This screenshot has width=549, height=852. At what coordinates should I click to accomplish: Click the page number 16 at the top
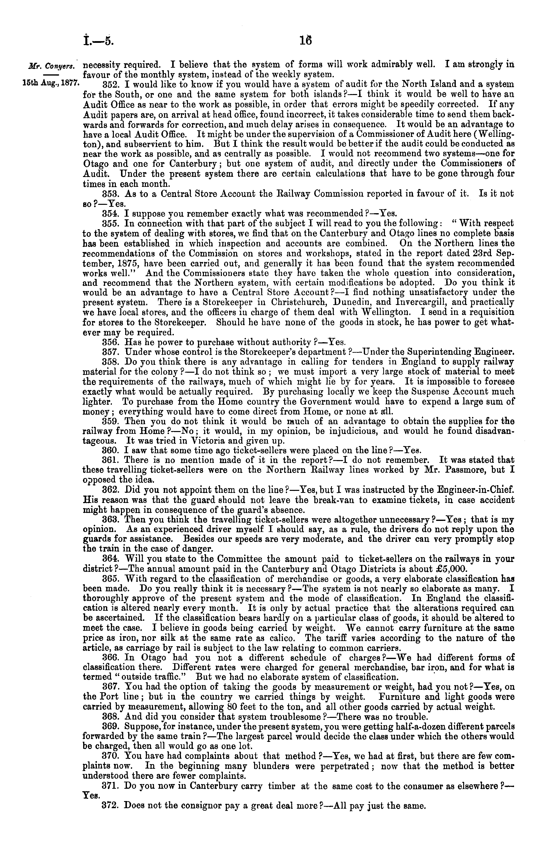(306, 41)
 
